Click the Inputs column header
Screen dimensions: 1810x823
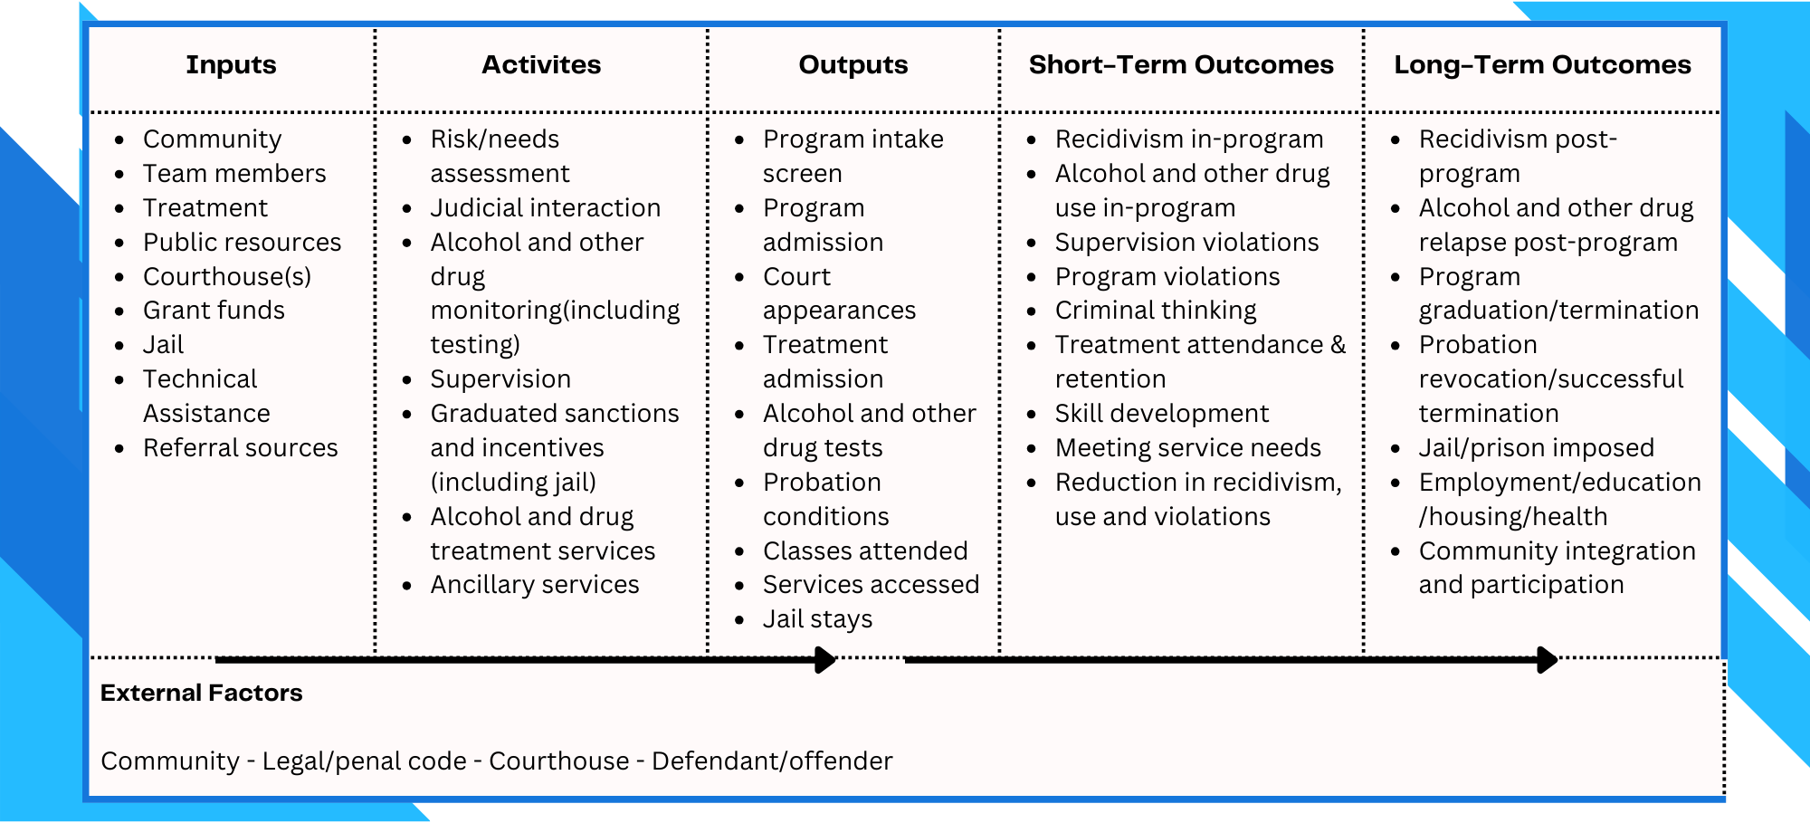point(231,65)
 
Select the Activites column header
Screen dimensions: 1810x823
point(541,65)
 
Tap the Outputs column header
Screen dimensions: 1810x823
point(853,65)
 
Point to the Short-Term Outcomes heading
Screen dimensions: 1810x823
point(1181,65)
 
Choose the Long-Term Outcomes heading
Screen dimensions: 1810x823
point(1542,65)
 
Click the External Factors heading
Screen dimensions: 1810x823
point(201,693)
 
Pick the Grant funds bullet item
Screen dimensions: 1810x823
point(214,311)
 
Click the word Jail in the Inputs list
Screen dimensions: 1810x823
point(163,345)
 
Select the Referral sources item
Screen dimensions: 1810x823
point(240,448)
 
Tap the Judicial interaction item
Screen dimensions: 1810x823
point(545,208)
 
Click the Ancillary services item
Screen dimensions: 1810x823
point(535,585)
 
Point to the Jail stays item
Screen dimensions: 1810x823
point(817,619)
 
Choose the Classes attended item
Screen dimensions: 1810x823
point(865,550)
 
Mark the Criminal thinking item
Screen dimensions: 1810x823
point(1156,311)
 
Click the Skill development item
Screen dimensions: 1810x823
point(1162,414)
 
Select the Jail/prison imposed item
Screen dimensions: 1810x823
point(1536,448)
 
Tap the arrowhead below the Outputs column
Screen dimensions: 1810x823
point(825,660)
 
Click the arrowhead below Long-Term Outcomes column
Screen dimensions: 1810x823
point(1548,660)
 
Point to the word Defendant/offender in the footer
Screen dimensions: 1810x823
point(772,761)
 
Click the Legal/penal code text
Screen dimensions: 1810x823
point(365,761)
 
